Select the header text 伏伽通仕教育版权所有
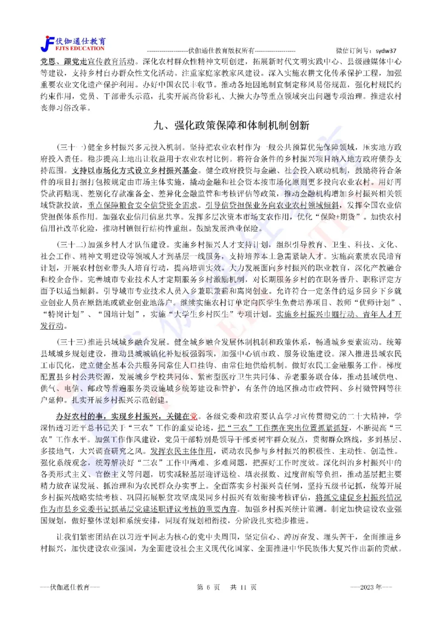(x=217, y=49)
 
